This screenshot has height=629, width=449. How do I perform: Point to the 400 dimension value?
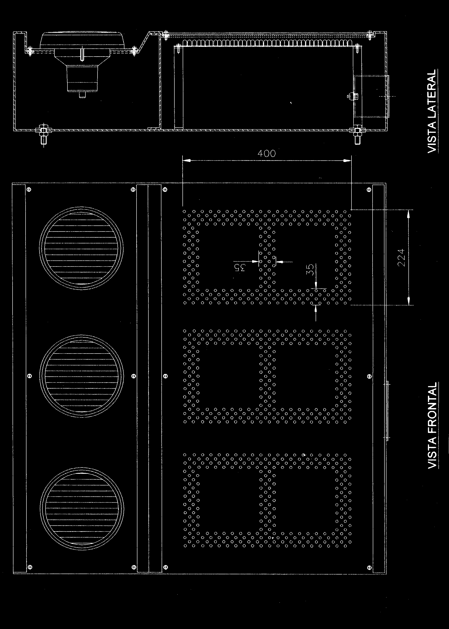pos(267,153)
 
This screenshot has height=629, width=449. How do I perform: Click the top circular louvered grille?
pos(82,248)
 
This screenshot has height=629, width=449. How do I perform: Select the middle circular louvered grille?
pos(82,376)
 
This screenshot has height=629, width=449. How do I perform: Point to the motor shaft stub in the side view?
pos(82,95)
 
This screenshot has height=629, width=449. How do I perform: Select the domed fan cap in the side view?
pos(82,41)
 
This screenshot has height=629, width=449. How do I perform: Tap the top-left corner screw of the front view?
pos(29,190)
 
